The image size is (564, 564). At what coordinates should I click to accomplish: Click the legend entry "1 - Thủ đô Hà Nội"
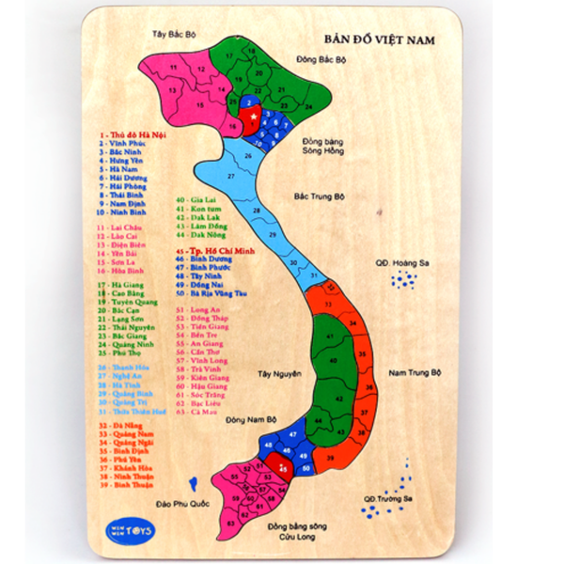tap(131, 133)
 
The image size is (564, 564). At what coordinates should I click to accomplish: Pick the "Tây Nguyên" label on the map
tap(279, 373)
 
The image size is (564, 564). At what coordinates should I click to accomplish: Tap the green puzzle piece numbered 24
tap(306, 106)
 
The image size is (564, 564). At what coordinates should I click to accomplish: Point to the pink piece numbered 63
tap(230, 521)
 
